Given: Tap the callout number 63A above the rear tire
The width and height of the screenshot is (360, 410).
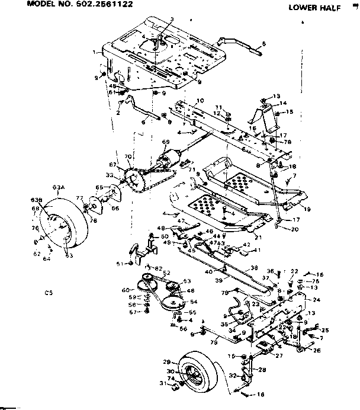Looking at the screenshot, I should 58,187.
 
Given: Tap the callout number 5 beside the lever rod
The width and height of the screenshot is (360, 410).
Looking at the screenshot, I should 263,43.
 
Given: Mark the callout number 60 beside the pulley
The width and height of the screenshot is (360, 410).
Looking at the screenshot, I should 125,290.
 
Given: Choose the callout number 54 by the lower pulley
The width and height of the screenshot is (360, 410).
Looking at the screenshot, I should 192,302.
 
